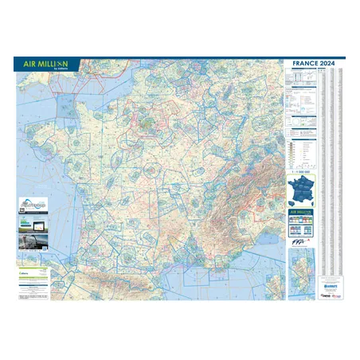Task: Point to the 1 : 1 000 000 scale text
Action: pos(301,170)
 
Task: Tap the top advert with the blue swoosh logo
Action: pos(32,205)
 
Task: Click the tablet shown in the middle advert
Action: pos(32,221)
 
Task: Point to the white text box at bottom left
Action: pos(33,284)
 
